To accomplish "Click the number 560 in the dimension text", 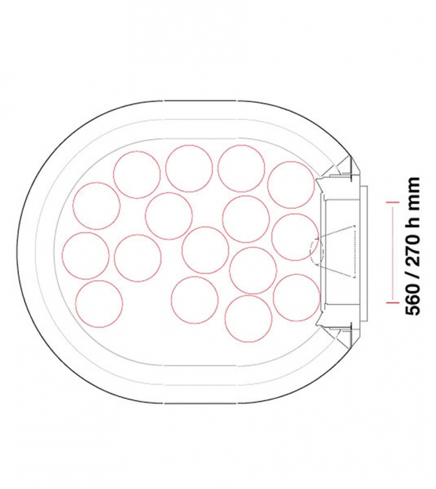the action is [x=413, y=300].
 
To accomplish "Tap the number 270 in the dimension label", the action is [x=413, y=249].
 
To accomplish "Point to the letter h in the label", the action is [x=412, y=223].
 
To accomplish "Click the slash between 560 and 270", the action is [x=413, y=275].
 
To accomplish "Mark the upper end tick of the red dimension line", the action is [x=393, y=203].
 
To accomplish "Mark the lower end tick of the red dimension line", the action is [x=393, y=302].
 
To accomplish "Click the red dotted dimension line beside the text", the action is [x=393, y=252].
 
